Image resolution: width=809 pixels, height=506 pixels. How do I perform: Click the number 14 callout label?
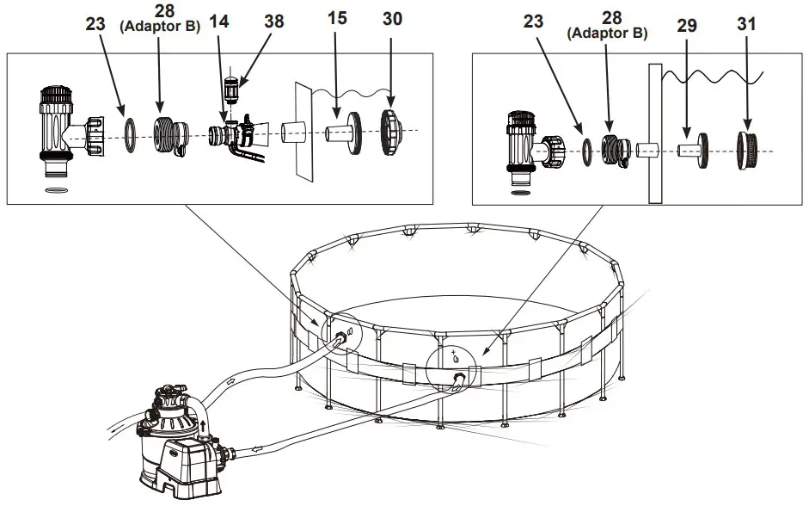tap(220, 19)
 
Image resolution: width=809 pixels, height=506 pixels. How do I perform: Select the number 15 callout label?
tap(337, 19)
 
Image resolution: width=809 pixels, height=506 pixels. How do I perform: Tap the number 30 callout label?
tap(392, 19)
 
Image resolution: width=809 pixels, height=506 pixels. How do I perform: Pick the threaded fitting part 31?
tap(746, 149)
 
